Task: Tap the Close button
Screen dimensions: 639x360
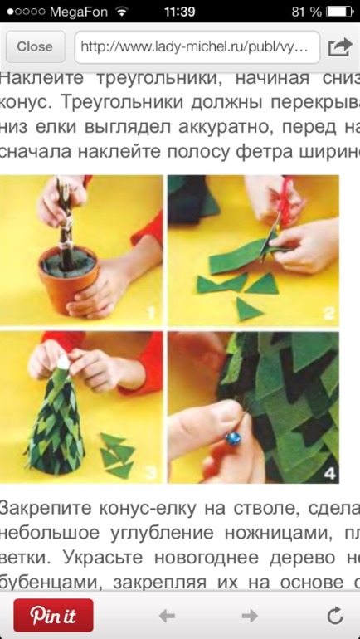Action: (34, 47)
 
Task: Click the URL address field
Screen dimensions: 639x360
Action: (197, 47)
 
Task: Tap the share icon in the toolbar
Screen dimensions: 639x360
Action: (339, 47)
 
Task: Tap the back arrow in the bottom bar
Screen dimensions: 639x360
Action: (167, 615)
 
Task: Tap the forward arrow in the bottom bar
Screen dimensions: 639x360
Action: (249, 615)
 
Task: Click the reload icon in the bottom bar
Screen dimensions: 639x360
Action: (335, 615)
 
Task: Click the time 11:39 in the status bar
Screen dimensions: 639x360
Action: (180, 12)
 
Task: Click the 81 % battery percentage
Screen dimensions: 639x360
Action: (305, 12)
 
